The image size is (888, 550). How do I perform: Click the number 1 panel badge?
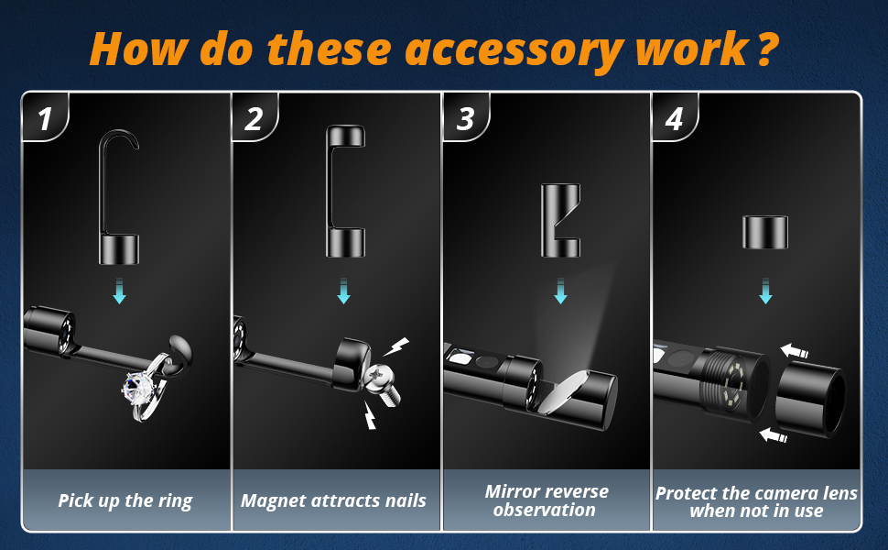pyautogui.click(x=45, y=117)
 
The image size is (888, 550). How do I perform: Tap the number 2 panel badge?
pyautogui.click(x=254, y=117)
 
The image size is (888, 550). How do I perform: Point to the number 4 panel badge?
pyautogui.click(x=675, y=117)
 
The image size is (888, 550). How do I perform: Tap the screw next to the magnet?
pyautogui.click(x=383, y=385)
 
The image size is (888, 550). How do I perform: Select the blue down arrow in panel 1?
pyautogui.click(x=119, y=291)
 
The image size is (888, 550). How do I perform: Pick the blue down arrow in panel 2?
pyautogui.click(x=344, y=291)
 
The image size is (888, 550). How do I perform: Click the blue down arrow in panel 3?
pyautogui.click(x=560, y=291)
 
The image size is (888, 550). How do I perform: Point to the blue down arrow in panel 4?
pyautogui.click(x=765, y=291)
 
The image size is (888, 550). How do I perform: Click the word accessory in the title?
pyautogui.click(x=514, y=50)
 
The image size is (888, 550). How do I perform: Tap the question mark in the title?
pyautogui.click(x=766, y=49)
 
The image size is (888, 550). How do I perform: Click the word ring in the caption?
pyautogui.click(x=176, y=501)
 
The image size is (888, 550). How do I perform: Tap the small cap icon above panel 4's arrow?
pyautogui.click(x=765, y=233)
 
